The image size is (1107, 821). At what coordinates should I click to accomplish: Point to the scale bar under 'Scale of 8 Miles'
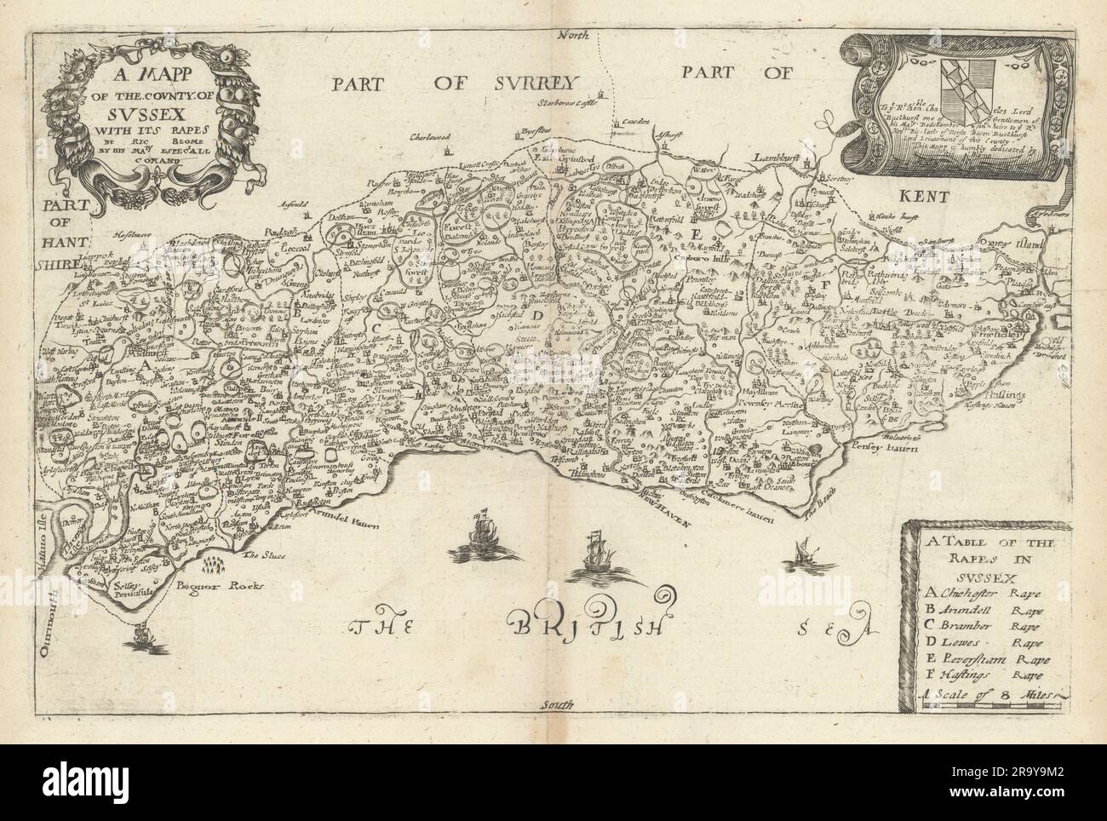point(988,706)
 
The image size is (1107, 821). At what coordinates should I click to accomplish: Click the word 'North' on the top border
point(568,11)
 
